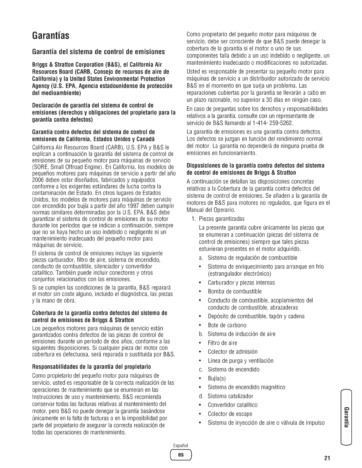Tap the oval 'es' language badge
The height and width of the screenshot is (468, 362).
coord(181,454)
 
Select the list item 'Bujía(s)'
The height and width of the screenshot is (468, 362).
coord(216,378)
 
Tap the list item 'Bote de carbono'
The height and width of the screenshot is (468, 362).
coord(227,325)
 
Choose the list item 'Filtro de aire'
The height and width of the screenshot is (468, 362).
coord(222,343)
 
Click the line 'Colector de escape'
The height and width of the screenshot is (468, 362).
coord(230,414)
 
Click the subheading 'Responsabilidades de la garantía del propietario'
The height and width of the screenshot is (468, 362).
coord(91,367)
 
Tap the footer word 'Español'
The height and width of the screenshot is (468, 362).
coord(181,446)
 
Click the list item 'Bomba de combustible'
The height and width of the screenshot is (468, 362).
coord(235,292)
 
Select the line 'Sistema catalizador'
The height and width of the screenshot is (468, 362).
coord(230,396)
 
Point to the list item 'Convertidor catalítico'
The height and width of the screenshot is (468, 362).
coord(232,405)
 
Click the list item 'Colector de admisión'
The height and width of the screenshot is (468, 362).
coord(232,352)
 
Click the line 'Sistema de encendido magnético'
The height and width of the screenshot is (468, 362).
coord(246,387)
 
